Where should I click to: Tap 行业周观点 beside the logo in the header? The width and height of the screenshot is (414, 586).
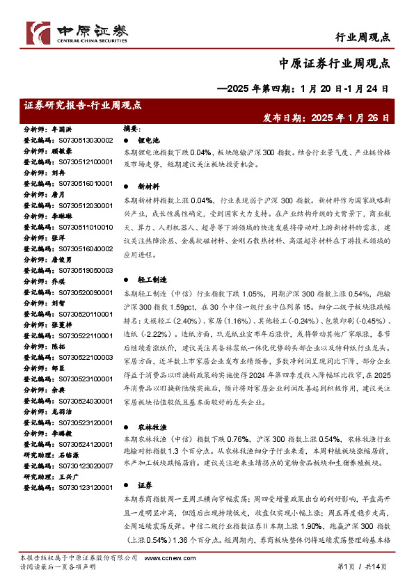click(x=362, y=37)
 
